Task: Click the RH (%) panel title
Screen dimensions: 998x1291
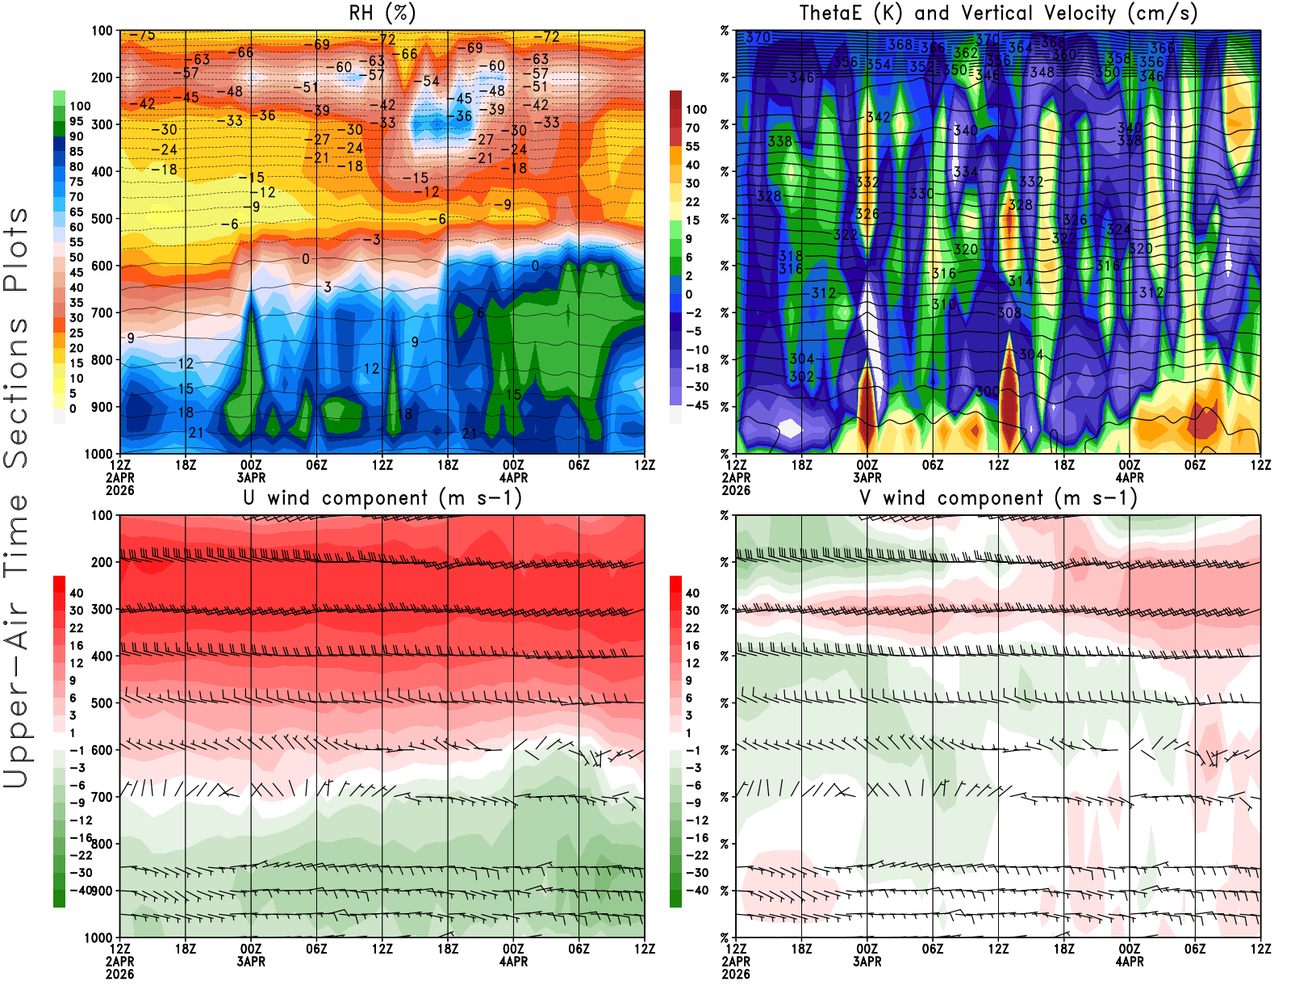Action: [x=382, y=14]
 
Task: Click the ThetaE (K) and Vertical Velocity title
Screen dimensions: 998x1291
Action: [x=998, y=14]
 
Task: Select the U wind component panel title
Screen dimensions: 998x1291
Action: [x=382, y=498]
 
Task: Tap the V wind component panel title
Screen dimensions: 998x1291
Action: [x=998, y=498]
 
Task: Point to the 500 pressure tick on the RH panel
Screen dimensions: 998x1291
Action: [x=102, y=218]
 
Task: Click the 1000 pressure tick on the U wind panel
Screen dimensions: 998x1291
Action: [x=98, y=937]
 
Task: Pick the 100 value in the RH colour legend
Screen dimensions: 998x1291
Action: [x=80, y=106]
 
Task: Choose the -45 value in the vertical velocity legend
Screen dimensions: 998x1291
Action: [x=696, y=405]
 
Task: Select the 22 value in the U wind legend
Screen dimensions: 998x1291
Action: [x=77, y=628]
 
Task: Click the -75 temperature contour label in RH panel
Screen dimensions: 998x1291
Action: [x=142, y=36]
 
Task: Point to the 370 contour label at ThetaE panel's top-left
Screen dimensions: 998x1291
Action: [x=758, y=37]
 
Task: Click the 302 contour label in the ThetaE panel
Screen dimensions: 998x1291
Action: [x=801, y=377]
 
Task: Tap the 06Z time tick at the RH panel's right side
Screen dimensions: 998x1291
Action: [x=579, y=465]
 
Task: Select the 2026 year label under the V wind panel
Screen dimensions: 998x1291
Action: [x=736, y=974]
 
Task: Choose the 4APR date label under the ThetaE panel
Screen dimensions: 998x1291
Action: [x=1130, y=477]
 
